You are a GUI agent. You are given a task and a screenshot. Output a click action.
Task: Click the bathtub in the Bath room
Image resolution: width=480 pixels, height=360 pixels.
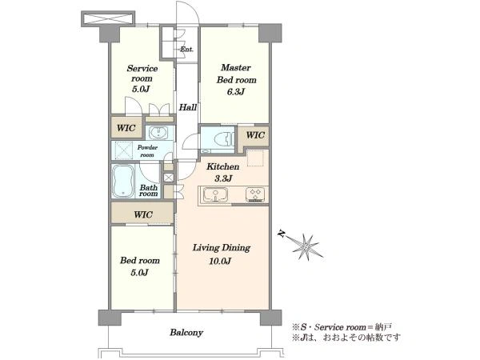[x=123, y=182]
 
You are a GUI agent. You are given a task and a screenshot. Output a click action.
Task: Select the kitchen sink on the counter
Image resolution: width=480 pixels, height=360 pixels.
[x=216, y=194]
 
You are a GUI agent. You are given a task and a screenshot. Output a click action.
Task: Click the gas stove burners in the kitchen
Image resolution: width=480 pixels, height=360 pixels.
[x=255, y=195]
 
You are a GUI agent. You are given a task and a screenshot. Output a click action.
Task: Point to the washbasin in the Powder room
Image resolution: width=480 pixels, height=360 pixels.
[x=158, y=133]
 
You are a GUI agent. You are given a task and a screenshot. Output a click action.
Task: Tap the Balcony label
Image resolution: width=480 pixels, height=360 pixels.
[x=186, y=333]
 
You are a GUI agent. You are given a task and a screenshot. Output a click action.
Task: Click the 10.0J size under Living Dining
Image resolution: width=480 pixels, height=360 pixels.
[x=220, y=261]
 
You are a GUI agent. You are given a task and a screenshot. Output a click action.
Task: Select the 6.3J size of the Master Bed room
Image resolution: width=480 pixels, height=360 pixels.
[x=235, y=91]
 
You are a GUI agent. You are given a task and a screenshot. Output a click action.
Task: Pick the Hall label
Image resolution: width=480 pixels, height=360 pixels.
[x=188, y=107]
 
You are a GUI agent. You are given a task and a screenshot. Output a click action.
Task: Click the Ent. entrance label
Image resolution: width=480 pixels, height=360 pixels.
[x=186, y=49]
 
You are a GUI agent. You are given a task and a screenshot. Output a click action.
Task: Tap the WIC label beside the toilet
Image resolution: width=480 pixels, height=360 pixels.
[x=255, y=135]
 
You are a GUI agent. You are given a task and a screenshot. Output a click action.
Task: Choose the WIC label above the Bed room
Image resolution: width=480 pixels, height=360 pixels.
[x=143, y=214]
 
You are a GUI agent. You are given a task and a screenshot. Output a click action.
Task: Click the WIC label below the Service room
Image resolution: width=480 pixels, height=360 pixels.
[x=126, y=128]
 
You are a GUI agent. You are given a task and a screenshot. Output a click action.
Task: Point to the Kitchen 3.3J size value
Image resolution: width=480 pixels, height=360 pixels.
[x=223, y=178]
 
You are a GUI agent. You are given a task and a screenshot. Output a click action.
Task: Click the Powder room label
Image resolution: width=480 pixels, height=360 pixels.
[x=147, y=151]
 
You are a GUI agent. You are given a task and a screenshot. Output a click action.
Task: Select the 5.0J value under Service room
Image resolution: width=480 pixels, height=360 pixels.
[x=141, y=90]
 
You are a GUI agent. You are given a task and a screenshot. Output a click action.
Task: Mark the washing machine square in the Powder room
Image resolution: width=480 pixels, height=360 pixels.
[x=123, y=150]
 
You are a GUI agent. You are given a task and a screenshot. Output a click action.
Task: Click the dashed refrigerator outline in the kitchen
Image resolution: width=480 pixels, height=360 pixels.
[x=255, y=158]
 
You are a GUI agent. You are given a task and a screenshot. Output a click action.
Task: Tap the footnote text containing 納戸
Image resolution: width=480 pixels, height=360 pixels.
[x=342, y=327]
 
